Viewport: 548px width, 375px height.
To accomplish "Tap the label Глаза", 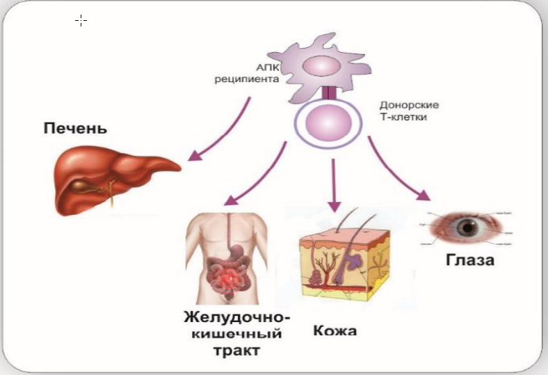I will pos(470,262).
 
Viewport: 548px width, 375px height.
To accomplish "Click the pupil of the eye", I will pos(467,226).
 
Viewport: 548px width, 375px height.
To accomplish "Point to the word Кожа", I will pos(335,330).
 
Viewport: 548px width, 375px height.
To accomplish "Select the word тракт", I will pos(237,351).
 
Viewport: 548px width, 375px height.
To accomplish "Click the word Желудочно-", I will pos(237,317).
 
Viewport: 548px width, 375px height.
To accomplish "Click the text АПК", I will pos(267,68).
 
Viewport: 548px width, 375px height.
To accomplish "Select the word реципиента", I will pos(246,80).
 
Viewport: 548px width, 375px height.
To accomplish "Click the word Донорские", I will pos(409,106).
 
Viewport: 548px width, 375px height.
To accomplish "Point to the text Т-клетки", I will pos(403,118).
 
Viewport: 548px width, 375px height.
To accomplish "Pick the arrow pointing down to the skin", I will pos(335,184).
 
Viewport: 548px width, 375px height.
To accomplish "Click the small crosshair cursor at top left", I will pos(81,20).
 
